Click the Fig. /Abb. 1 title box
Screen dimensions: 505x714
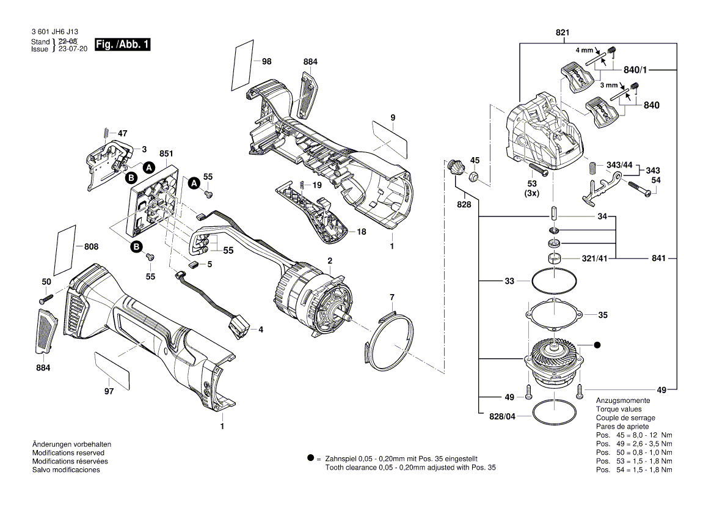point(122,45)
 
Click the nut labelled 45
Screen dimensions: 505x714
point(472,178)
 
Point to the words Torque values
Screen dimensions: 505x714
point(618,409)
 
